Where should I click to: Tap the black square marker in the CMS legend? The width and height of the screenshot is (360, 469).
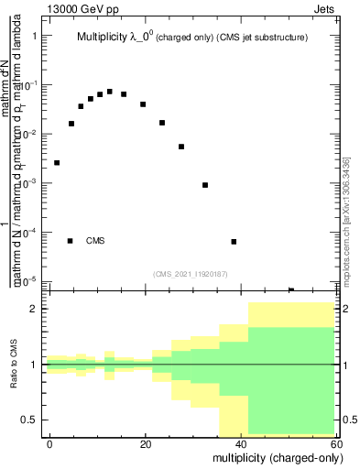(70, 241)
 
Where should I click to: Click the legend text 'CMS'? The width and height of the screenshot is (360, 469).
(95, 241)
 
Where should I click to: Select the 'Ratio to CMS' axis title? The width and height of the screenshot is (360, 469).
(15, 365)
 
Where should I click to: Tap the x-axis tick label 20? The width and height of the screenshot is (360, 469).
(146, 443)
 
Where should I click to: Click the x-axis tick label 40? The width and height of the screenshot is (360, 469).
(241, 443)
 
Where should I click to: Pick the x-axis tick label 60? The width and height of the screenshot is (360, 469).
(336, 443)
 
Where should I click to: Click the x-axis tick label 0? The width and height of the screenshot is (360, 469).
(50, 443)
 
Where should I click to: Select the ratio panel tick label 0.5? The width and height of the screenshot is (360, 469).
(29, 420)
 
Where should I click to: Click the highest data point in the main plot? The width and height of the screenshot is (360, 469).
(110, 92)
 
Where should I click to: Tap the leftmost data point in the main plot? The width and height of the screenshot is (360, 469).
(57, 162)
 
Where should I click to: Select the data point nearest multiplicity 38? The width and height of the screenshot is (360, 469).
(234, 242)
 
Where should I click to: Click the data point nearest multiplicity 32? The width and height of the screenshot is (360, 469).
(205, 185)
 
